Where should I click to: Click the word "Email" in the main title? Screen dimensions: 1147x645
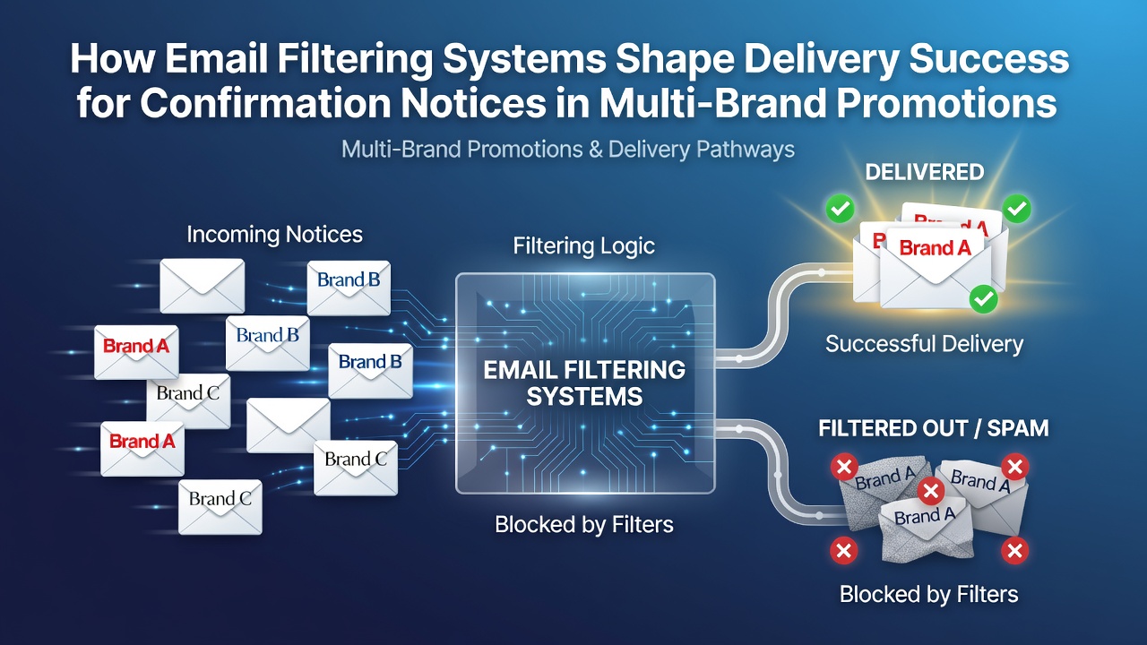point(216,59)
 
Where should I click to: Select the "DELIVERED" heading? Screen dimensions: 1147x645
point(924,172)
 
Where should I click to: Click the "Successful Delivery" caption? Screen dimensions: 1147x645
point(924,344)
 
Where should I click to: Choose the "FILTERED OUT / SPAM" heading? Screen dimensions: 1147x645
point(933,428)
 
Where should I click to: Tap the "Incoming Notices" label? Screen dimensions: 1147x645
point(274,235)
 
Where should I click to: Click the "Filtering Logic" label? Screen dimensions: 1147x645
point(583,246)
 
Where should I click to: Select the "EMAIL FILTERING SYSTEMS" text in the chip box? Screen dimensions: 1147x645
point(584,383)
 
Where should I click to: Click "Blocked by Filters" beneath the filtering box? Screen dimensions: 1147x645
point(583,525)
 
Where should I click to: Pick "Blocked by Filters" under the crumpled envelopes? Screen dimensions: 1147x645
point(928,594)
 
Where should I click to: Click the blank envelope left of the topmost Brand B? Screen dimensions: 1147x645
point(203,286)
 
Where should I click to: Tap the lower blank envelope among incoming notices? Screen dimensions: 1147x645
point(289,426)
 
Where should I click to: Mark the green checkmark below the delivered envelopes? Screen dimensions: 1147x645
point(983,299)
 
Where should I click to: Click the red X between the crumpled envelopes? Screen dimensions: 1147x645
point(931,491)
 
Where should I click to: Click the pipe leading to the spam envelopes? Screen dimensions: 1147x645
point(780,472)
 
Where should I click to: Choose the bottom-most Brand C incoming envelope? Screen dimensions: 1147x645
point(220,507)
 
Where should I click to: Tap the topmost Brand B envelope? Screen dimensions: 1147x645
point(349,288)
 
